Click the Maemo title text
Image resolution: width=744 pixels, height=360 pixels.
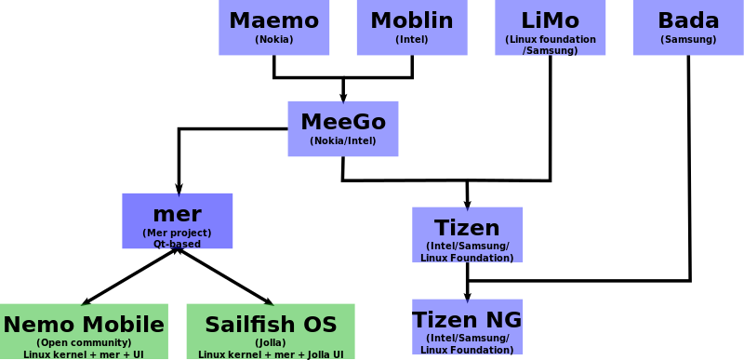pos(273,20)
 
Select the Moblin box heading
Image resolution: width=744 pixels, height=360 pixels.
pos(411,20)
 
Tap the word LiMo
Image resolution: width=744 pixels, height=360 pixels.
pos(550,20)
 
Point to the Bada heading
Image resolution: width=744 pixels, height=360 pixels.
pos(688,20)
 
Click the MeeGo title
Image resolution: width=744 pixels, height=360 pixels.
pos(343,122)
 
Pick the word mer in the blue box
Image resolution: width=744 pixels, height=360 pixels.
pos(177,214)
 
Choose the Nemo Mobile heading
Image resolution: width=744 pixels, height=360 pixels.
pos(84,325)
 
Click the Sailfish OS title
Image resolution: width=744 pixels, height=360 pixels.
pos(271,325)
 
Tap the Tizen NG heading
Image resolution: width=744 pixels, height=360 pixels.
pos(468,320)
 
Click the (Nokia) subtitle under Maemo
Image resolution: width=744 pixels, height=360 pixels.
pos(273,40)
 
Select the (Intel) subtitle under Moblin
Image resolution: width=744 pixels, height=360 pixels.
pos(411,40)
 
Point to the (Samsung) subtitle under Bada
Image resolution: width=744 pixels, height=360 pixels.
pos(688,40)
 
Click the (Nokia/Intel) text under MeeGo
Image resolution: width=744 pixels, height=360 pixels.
pos(343,141)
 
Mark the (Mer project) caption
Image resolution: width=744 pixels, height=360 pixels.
pos(177,233)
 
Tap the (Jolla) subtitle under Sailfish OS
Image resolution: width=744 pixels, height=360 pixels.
pos(271,343)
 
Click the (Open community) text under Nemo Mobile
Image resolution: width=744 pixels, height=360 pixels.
pos(84,343)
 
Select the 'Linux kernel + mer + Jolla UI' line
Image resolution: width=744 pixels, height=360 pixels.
pos(271,354)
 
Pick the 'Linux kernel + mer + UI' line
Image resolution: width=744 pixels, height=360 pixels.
pos(84,354)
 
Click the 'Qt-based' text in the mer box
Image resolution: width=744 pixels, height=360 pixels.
pos(177,244)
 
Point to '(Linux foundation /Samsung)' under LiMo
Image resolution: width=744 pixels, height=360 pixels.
pos(550,45)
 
